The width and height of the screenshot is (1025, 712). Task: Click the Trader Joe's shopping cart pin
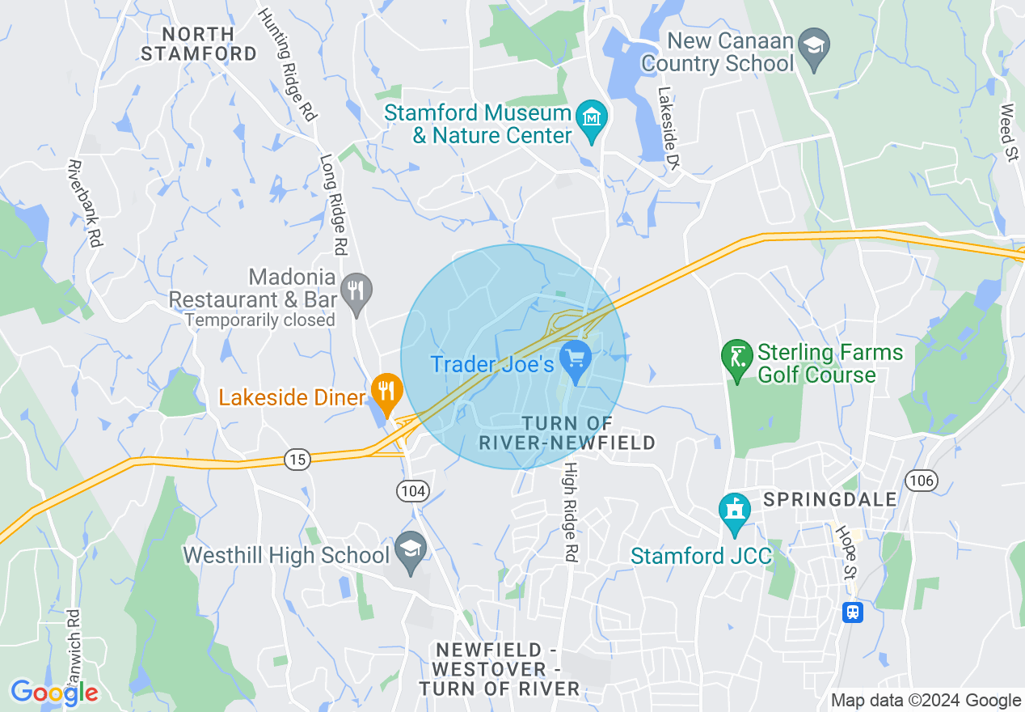tap(576, 359)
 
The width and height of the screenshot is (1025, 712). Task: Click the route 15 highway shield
tap(297, 460)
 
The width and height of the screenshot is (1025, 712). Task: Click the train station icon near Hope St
tap(852, 612)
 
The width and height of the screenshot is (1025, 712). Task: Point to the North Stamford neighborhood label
tap(199, 44)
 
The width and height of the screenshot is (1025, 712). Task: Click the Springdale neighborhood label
tap(829, 498)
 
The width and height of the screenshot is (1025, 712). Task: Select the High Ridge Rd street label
tap(572, 512)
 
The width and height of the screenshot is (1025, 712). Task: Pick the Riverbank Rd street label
tap(86, 203)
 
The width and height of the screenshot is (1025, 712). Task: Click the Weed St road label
tap(1008, 133)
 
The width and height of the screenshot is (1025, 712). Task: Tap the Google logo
tap(54, 693)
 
